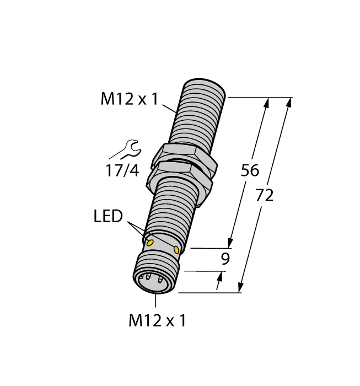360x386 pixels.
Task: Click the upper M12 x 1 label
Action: tap(129, 99)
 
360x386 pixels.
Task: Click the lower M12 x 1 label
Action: tap(157, 320)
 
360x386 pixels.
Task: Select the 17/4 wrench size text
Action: tap(122, 170)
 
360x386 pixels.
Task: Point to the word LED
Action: tap(108, 217)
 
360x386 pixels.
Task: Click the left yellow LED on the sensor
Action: tap(149, 242)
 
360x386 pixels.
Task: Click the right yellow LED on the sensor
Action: tap(176, 250)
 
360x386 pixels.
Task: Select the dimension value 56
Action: tap(250, 171)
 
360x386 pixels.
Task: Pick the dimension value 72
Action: tap(265, 195)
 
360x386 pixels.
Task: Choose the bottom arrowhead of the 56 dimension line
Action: tap(230, 243)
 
